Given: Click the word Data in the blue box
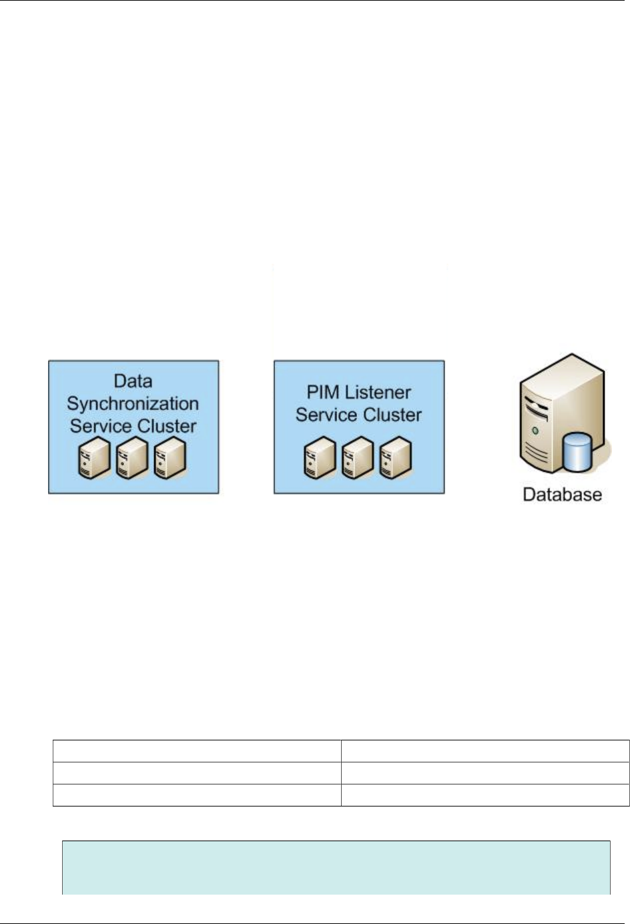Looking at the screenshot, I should [133, 381].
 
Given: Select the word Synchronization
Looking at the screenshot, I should [133, 404].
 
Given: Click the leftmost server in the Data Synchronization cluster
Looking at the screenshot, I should [91, 457].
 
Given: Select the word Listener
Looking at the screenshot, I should [378, 392].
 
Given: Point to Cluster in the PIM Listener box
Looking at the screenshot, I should [392, 415].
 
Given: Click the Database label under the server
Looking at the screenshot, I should [562, 495].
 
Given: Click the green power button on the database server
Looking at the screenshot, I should [533, 431].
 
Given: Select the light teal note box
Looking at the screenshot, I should [336, 867].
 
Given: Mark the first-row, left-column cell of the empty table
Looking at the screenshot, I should [197, 751].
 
